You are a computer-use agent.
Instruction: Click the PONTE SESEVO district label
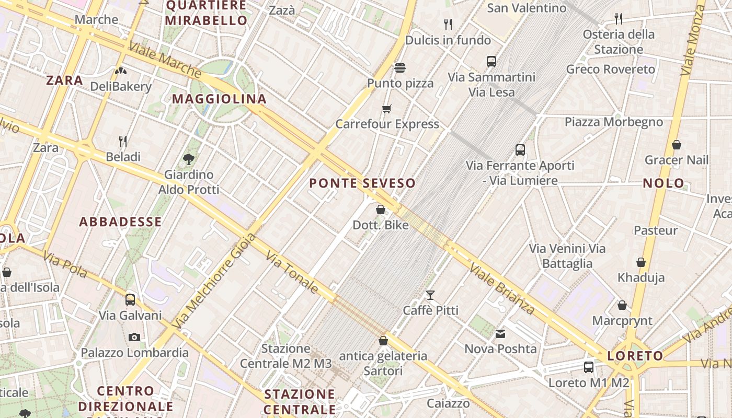pyautogui.click(x=362, y=183)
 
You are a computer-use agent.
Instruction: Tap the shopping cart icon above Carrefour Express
pyautogui.click(x=386, y=109)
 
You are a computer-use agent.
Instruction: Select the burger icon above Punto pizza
pyautogui.click(x=400, y=68)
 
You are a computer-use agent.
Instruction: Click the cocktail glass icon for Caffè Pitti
pyautogui.click(x=430, y=295)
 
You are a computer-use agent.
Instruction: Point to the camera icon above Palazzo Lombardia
pyautogui.click(x=134, y=337)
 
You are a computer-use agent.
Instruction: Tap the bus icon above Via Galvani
pyautogui.click(x=130, y=300)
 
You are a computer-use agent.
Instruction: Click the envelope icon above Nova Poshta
pyautogui.click(x=500, y=334)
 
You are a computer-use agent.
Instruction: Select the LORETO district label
pyautogui.click(x=635, y=356)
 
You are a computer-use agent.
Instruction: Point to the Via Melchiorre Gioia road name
pyautogui.click(x=214, y=281)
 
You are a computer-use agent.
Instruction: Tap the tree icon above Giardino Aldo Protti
pyautogui.click(x=188, y=159)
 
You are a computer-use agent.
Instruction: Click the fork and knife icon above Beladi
pyautogui.click(x=123, y=142)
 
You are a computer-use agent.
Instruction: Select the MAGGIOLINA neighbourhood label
pyautogui.click(x=219, y=99)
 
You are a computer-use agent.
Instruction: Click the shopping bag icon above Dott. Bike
pyautogui.click(x=381, y=210)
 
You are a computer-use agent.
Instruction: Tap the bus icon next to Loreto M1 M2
pyautogui.click(x=589, y=367)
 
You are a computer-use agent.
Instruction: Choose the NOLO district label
pyautogui.click(x=664, y=183)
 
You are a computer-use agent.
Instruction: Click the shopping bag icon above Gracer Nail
pyautogui.click(x=676, y=145)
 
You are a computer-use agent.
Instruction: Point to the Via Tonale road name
pyautogui.click(x=292, y=272)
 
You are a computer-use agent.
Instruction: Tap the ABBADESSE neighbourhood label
pyautogui.click(x=120, y=222)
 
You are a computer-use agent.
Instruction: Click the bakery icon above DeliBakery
pyautogui.click(x=121, y=71)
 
